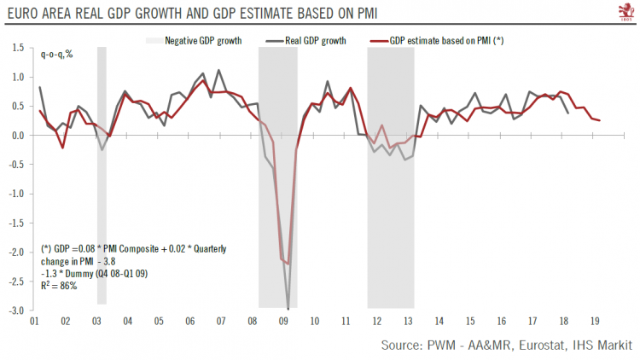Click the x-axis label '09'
(284, 321)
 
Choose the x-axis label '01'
(33, 321)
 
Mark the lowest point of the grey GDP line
(288, 309)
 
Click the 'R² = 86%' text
(60, 285)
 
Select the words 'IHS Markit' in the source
(601, 345)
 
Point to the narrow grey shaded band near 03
(102, 171)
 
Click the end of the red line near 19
(600, 120)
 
